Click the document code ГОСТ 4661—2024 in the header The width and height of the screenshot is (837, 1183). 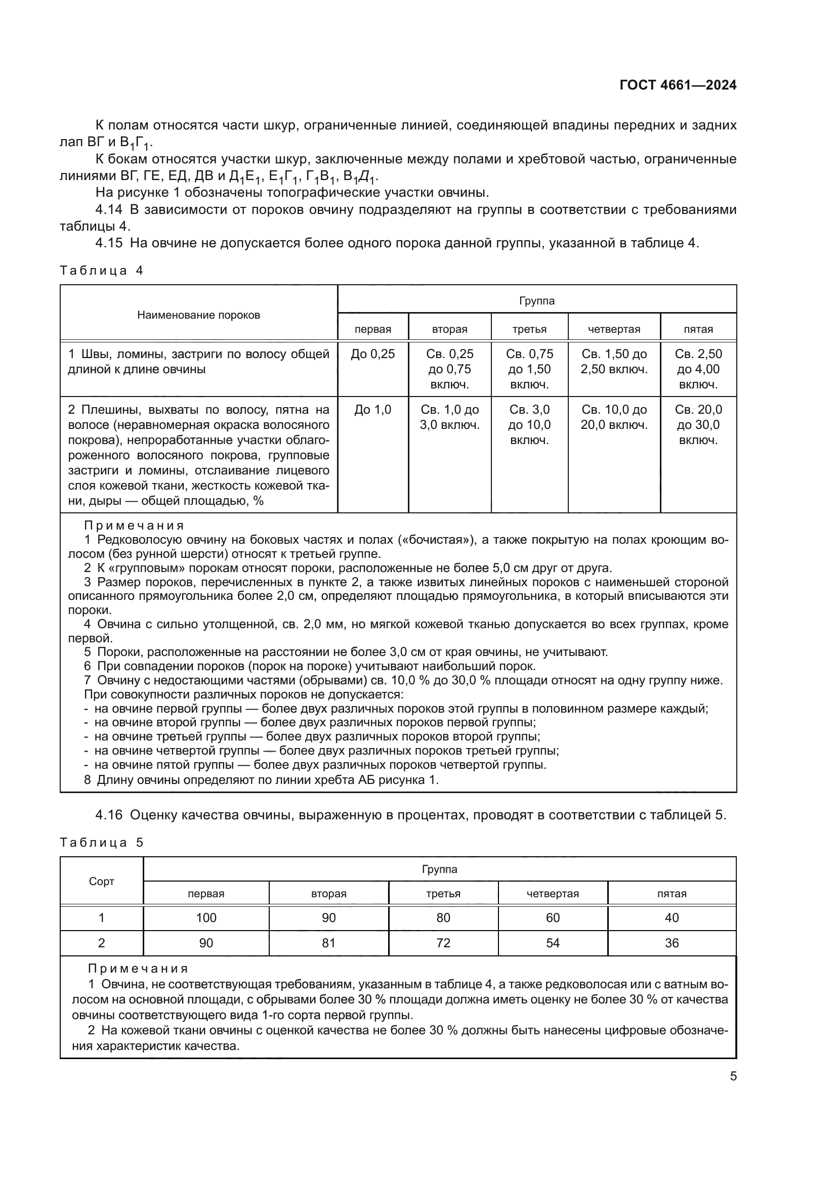[678, 85]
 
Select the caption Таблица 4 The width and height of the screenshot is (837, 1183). [102, 271]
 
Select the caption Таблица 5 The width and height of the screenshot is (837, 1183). [102, 843]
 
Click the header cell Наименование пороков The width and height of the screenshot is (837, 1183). [198, 315]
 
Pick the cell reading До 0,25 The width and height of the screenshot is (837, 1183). [372, 354]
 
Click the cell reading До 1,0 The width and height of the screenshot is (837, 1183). [372, 410]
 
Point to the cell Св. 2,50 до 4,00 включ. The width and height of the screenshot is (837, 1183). [698, 369]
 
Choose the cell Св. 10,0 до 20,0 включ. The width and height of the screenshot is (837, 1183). [614, 417]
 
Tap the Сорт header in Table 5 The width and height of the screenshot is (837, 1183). [102, 881]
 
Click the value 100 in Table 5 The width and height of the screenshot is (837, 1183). [206, 917]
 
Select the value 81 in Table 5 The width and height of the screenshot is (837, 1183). [329, 943]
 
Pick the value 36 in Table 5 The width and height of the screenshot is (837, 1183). [672, 943]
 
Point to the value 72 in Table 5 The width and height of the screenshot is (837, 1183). [443, 943]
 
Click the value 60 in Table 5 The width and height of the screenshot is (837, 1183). [553, 917]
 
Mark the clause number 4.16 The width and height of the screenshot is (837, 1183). [109, 815]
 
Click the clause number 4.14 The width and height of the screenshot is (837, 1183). [109, 210]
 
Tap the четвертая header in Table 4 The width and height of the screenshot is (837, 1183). [614, 329]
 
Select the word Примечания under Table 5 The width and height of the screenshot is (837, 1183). [138, 969]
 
